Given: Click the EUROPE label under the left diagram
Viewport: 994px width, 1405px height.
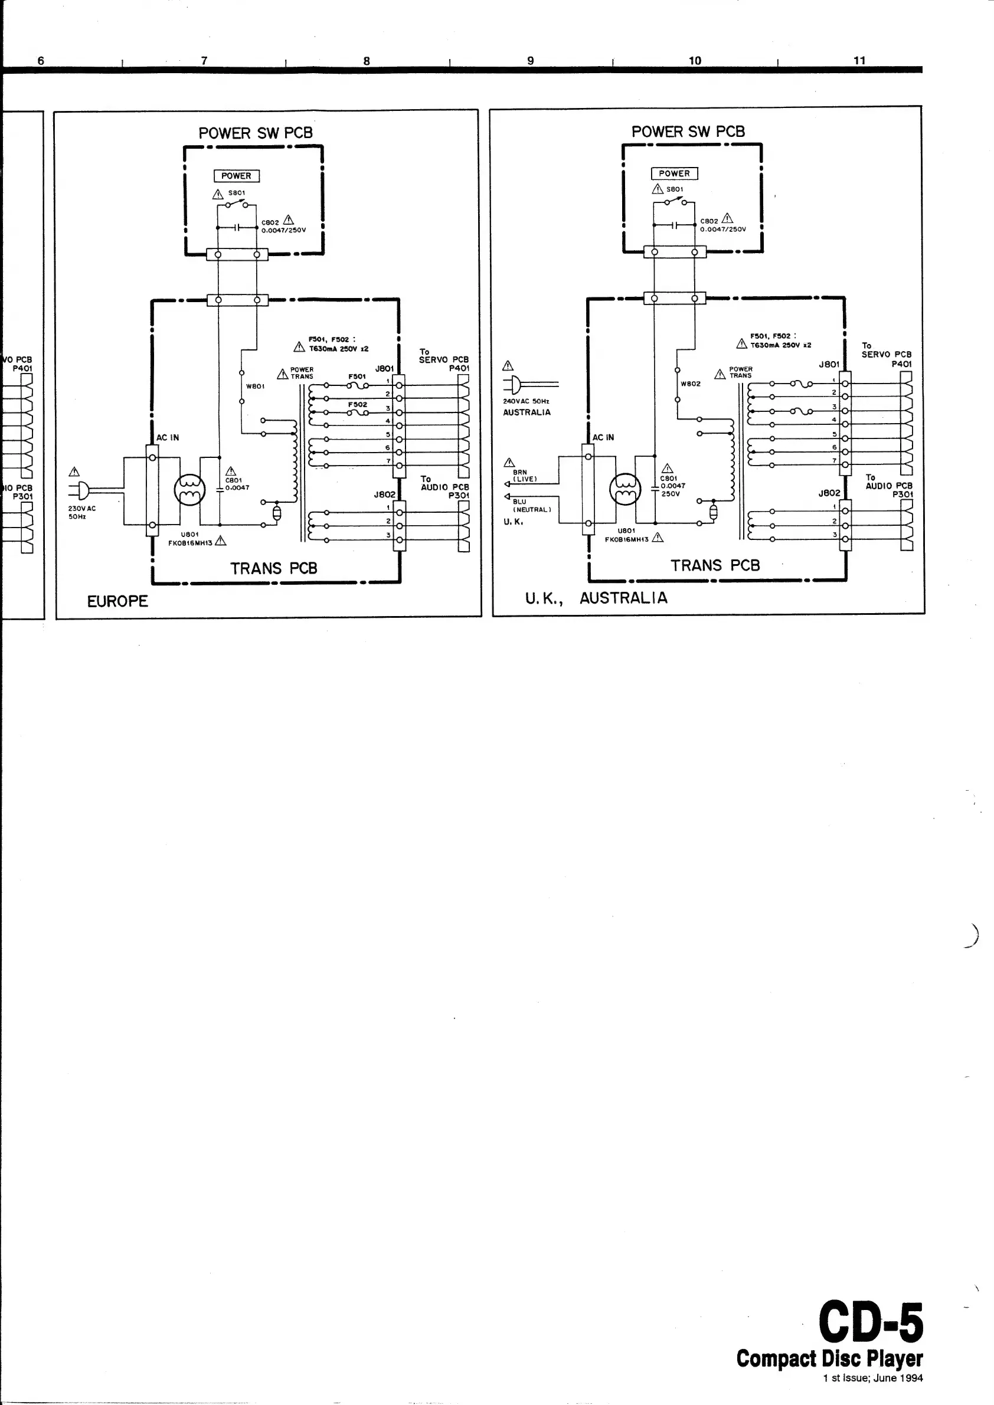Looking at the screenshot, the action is click(x=117, y=601).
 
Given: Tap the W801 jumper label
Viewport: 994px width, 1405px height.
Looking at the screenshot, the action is click(x=255, y=386).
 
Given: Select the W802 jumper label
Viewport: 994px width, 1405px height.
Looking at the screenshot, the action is click(x=691, y=384).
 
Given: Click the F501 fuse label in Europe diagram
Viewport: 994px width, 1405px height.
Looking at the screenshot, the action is click(x=357, y=376).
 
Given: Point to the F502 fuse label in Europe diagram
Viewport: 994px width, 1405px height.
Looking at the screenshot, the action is click(x=358, y=404).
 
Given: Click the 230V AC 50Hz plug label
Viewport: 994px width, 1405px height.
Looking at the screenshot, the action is click(x=81, y=512).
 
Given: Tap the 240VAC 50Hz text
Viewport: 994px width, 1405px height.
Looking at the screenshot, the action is click(x=526, y=401).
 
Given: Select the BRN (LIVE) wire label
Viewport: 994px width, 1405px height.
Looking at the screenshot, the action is click(x=525, y=476).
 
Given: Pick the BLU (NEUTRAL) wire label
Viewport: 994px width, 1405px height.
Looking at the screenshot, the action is click(x=531, y=506).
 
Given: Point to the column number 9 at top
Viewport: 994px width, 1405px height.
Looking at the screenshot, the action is click(x=531, y=61).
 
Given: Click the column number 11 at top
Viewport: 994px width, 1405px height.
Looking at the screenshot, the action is click(x=859, y=60).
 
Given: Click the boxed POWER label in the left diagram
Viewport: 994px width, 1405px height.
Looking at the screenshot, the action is click(x=236, y=176).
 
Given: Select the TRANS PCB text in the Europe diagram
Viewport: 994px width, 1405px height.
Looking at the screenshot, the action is click(x=274, y=568).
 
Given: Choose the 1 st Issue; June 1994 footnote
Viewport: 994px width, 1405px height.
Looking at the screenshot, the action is click(x=873, y=1378).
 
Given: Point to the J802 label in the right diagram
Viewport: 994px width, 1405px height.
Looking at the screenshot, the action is click(x=829, y=493).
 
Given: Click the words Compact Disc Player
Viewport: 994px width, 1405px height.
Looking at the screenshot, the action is click(x=829, y=1358).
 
